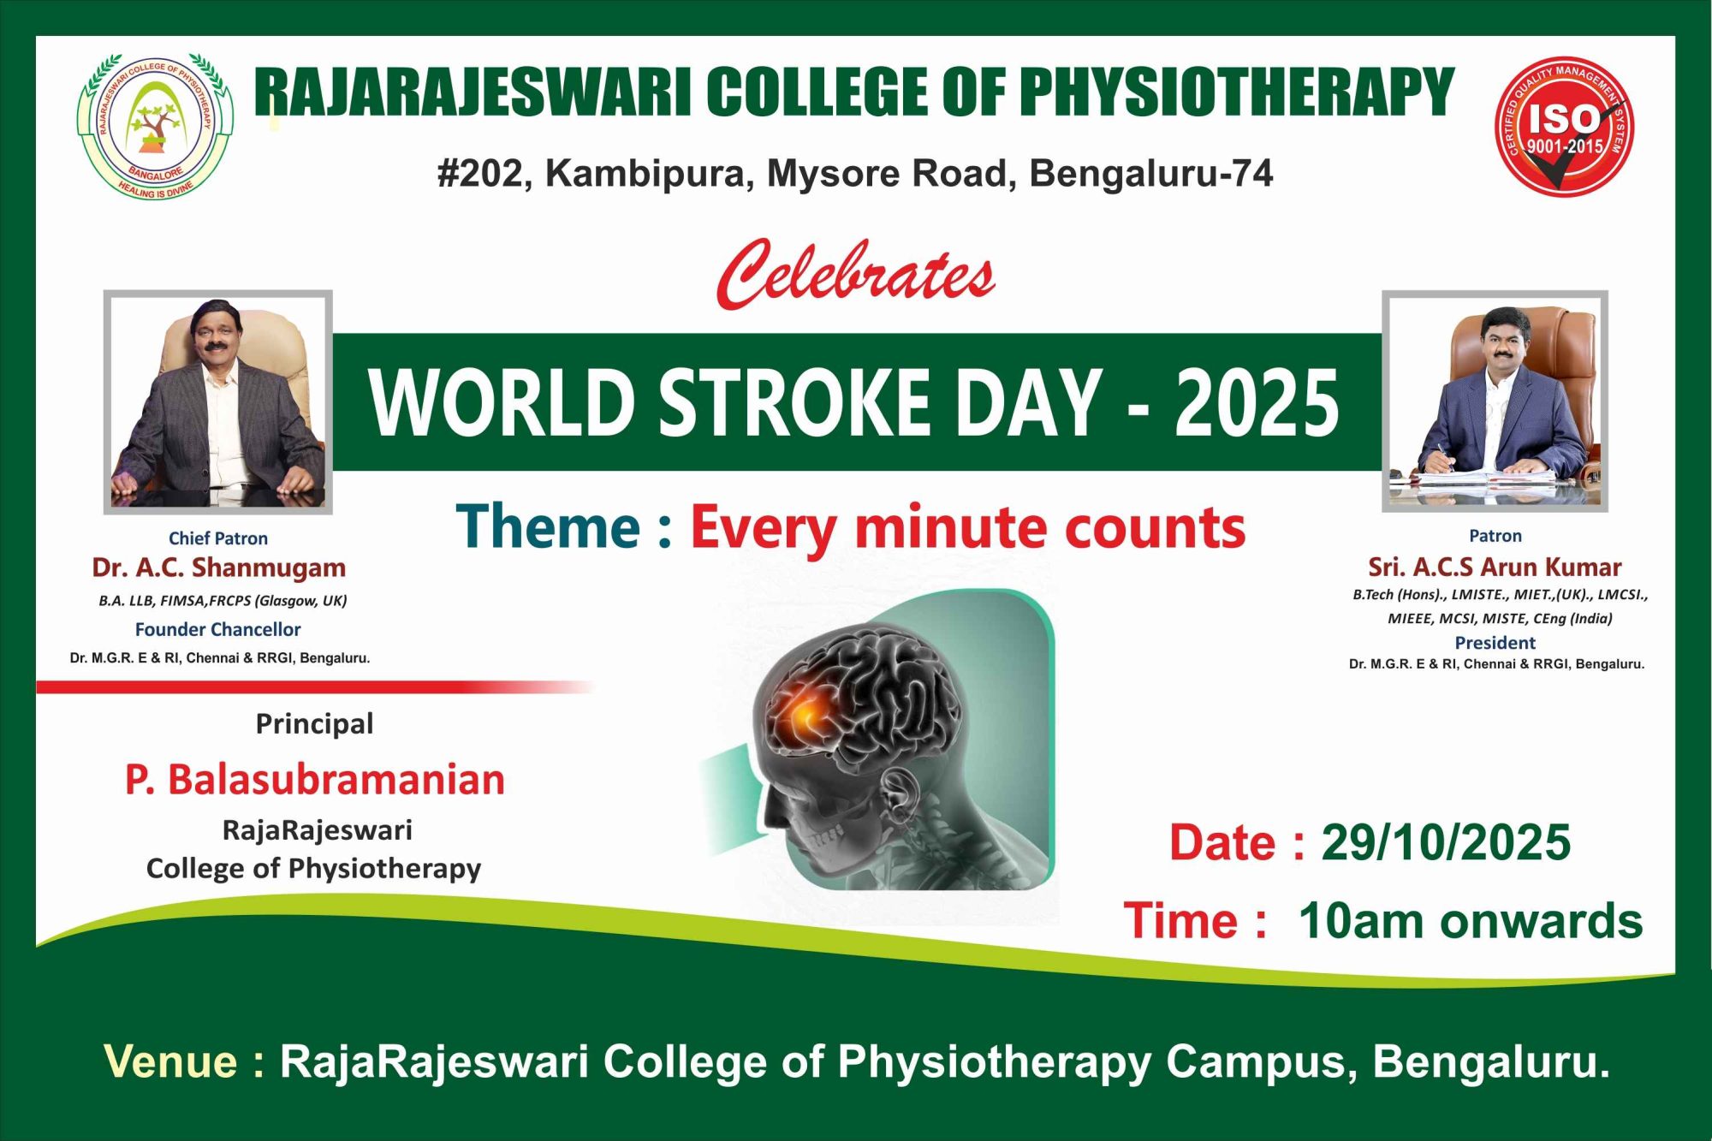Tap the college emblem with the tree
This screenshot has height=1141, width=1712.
[155, 125]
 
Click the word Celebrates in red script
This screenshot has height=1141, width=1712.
[856, 274]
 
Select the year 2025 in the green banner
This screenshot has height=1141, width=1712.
[1256, 402]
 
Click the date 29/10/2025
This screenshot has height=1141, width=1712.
[1446, 842]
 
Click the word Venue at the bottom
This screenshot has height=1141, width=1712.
[171, 1061]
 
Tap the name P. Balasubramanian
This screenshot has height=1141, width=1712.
[315, 780]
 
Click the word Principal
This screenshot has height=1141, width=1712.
[314, 724]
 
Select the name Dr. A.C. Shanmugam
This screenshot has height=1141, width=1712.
[219, 568]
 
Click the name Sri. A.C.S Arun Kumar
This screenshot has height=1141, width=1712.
[1495, 567]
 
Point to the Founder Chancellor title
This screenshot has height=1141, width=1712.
[218, 629]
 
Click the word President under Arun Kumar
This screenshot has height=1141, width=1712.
[1495, 643]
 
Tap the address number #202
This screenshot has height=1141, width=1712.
[479, 174]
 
